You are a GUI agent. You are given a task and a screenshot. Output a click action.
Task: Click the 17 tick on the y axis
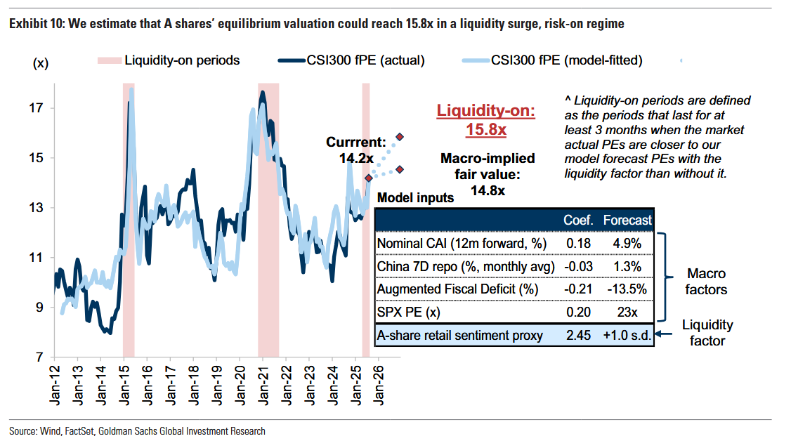pyautogui.click(x=37, y=108)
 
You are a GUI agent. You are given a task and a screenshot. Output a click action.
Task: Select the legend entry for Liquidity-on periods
pyautogui.click(x=181, y=60)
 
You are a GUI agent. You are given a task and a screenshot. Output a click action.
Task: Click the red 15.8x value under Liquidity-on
pyautogui.click(x=486, y=129)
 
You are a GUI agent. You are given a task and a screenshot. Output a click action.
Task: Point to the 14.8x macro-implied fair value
pyautogui.click(x=487, y=189)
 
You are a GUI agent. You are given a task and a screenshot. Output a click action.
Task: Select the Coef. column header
pyautogui.click(x=579, y=220)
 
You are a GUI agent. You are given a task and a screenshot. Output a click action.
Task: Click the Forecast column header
pyautogui.click(x=627, y=220)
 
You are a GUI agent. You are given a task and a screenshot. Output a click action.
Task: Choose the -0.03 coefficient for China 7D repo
pyautogui.click(x=578, y=267)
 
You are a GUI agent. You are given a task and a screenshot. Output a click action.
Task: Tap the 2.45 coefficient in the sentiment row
pyautogui.click(x=578, y=336)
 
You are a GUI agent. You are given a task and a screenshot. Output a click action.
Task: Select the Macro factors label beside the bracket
pyautogui.click(x=706, y=282)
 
